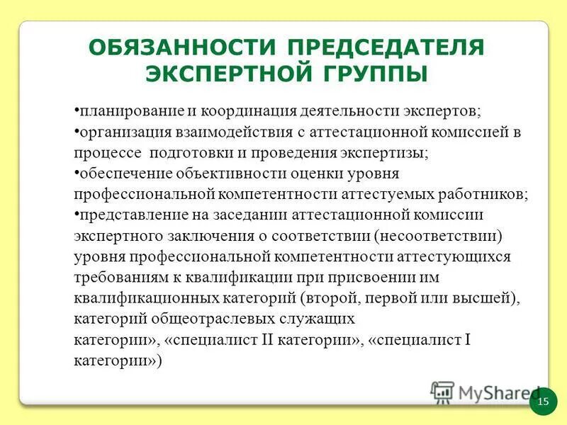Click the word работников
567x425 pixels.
tap(482, 194)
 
